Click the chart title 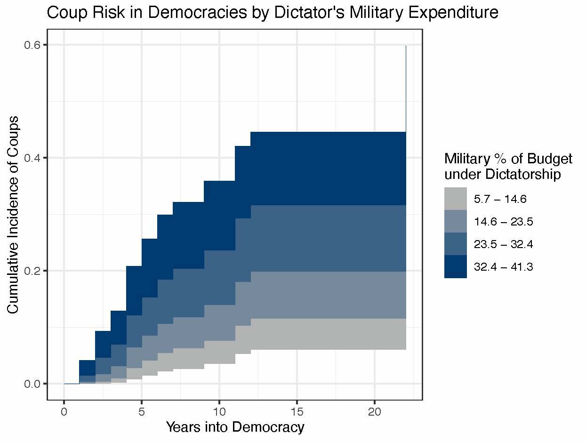[273, 13]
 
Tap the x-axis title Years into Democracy [235, 427]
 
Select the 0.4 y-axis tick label [34, 158]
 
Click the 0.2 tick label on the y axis [34, 271]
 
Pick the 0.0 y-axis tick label [34, 384]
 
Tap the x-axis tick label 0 [64, 411]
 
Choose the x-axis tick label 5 [142, 411]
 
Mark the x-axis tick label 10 [219, 411]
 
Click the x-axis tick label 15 [297, 411]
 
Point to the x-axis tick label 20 [375, 411]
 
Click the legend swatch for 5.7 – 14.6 [456, 199]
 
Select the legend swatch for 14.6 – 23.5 [456, 221]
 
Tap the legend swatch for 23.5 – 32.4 [456, 244]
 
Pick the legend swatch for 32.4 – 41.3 [456, 266]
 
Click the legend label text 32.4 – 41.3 [504, 267]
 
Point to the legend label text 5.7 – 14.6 [500, 199]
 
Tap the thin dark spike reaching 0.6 [406, 85]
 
